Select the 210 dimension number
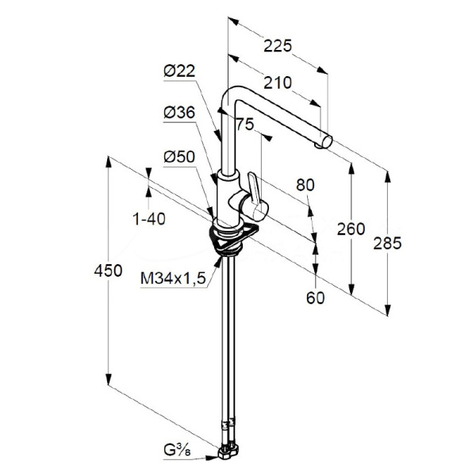(x=277, y=82)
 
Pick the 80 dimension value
(x=305, y=185)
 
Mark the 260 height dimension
(x=351, y=229)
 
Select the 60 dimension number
(x=316, y=297)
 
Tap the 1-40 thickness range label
(x=148, y=219)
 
